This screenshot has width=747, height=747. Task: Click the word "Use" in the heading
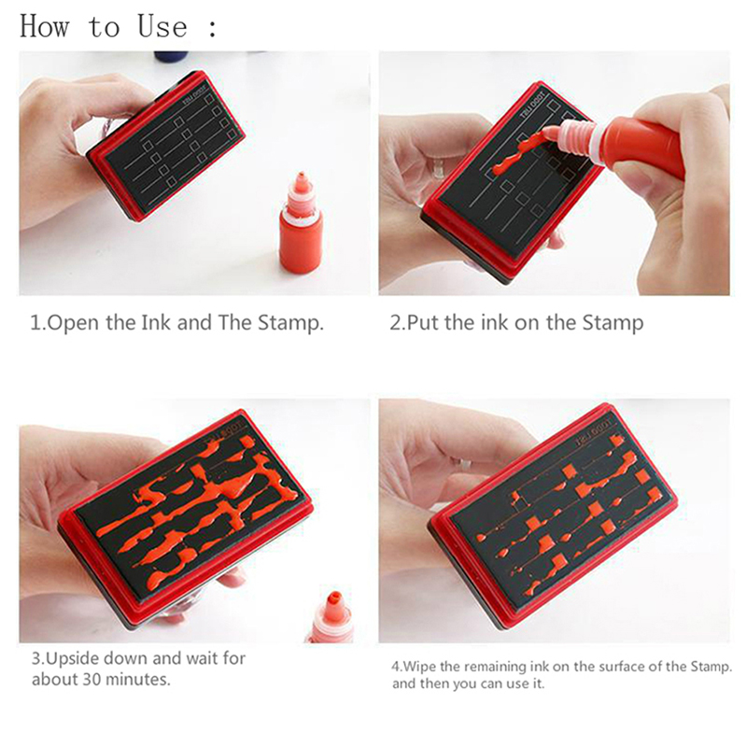(x=162, y=27)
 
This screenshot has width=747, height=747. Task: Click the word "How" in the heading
(x=44, y=27)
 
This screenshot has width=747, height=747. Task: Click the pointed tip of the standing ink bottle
(x=301, y=174)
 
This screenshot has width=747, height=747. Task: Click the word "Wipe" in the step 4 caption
(x=419, y=667)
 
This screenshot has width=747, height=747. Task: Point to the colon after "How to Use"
(x=213, y=28)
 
